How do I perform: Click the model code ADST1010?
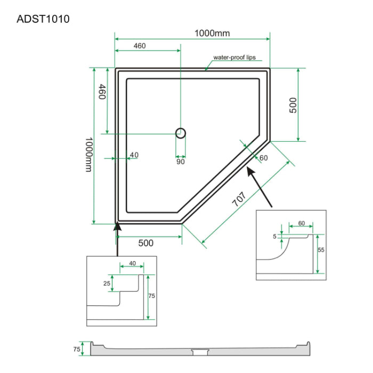point(43,19)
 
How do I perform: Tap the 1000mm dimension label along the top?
point(212,33)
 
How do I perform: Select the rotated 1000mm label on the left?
point(89,155)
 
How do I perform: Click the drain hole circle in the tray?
point(181,133)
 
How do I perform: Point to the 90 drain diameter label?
point(181,162)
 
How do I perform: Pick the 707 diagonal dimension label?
point(239,199)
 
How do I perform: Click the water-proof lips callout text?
point(234,58)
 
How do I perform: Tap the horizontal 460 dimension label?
point(140,46)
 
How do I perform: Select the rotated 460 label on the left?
point(102,92)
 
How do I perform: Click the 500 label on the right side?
point(293,105)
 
